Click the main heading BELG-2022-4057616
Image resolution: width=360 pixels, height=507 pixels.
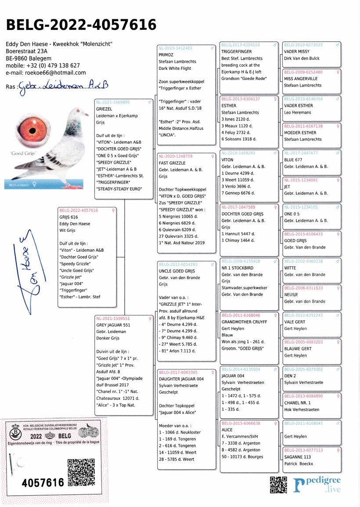(81, 25)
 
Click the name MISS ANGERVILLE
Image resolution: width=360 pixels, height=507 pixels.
(303, 79)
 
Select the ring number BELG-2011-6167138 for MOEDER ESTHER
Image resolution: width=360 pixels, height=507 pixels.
(303, 126)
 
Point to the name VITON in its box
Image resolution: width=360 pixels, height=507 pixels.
(227, 160)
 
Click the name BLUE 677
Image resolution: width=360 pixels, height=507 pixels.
(293, 160)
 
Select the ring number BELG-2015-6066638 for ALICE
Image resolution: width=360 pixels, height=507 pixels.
(241, 424)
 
